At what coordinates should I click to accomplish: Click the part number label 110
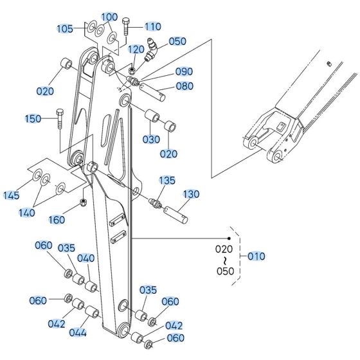[x=152, y=26]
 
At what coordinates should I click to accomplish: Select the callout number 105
[x=65, y=28]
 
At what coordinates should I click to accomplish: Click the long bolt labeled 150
[x=59, y=125]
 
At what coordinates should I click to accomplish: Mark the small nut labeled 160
[x=84, y=204]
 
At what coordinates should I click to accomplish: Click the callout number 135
[x=167, y=181]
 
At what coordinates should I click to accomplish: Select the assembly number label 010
[x=255, y=256]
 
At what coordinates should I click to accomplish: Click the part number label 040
[x=85, y=258]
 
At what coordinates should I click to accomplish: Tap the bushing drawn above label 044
[x=91, y=312]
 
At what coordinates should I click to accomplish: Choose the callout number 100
[x=110, y=16]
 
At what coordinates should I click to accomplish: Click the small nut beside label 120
[x=132, y=70]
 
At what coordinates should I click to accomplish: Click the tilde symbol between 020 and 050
[x=223, y=260]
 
